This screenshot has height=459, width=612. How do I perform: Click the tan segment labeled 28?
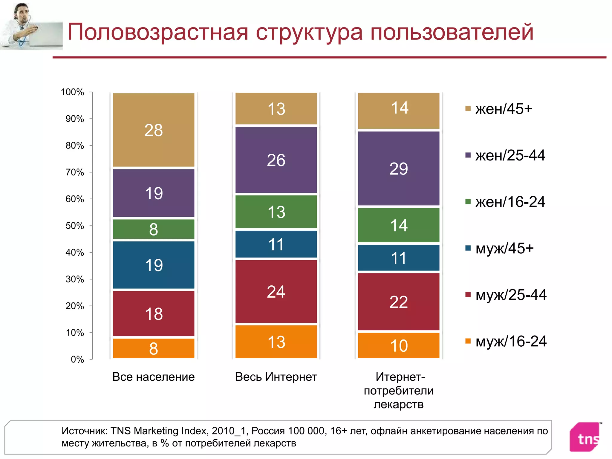(154, 130)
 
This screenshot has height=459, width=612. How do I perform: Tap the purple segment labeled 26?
(276, 160)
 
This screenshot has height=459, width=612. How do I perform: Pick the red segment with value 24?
(276, 291)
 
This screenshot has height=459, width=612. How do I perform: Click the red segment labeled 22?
(399, 302)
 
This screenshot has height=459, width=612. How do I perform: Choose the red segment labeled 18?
(154, 313)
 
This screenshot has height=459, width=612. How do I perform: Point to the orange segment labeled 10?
(399, 345)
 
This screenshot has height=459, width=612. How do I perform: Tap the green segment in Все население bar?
(154, 229)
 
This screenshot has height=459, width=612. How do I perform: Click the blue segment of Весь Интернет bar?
(276, 244)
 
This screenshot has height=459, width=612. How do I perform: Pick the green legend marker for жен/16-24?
(468, 202)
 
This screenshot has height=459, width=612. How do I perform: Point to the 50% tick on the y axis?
(91, 226)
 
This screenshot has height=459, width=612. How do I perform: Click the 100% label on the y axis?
(72, 92)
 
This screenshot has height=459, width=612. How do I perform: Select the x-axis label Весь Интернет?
(276, 377)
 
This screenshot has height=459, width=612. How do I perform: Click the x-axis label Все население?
(153, 377)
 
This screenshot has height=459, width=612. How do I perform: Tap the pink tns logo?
(586, 437)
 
